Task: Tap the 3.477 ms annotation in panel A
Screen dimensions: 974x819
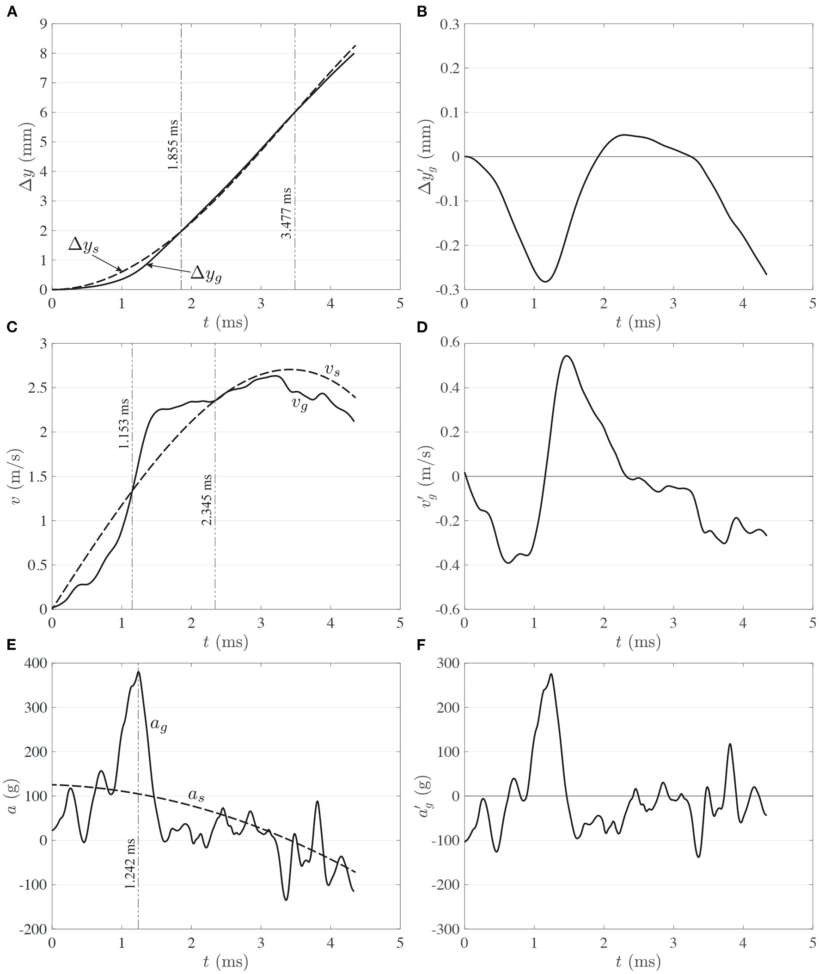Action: tap(287, 213)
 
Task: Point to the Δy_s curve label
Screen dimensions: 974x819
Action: tap(84, 245)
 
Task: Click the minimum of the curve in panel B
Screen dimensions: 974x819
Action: tap(545, 282)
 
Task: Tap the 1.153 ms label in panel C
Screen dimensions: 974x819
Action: tap(124, 423)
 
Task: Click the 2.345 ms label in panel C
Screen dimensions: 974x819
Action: tap(207, 500)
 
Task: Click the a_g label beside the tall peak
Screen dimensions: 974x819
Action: tap(159, 725)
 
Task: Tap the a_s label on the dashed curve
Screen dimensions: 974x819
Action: tap(196, 794)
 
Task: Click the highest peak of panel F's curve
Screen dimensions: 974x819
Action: tap(551, 674)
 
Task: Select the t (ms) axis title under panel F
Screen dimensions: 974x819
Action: tap(638, 962)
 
